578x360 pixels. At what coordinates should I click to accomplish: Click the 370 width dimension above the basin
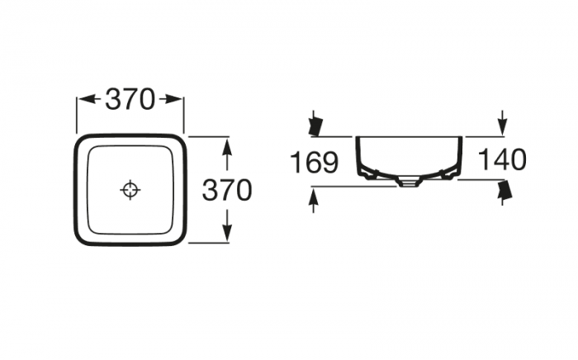point(130,99)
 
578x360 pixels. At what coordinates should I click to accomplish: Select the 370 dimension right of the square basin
point(227,190)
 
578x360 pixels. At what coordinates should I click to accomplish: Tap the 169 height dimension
point(314,162)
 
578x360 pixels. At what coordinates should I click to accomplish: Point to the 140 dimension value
point(502,159)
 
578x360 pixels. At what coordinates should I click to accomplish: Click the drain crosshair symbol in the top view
point(130,190)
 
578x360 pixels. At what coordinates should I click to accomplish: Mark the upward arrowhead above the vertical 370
point(227,150)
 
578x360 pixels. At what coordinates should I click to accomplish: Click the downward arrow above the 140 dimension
point(502,122)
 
